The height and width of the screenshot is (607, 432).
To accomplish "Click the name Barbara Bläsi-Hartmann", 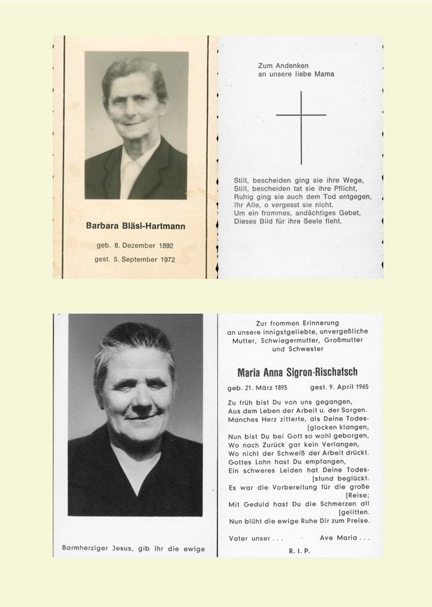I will [135, 226].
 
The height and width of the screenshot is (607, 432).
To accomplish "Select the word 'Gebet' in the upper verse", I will [345, 213].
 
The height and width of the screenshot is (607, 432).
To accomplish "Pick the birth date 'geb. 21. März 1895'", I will [257, 387].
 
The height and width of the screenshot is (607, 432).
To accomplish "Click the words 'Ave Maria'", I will [345, 538].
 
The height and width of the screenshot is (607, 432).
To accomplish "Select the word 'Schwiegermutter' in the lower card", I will [287, 340].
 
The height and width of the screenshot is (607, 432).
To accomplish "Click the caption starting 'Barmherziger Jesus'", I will [134, 549].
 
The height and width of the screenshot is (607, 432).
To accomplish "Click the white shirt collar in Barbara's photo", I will [132, 167].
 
